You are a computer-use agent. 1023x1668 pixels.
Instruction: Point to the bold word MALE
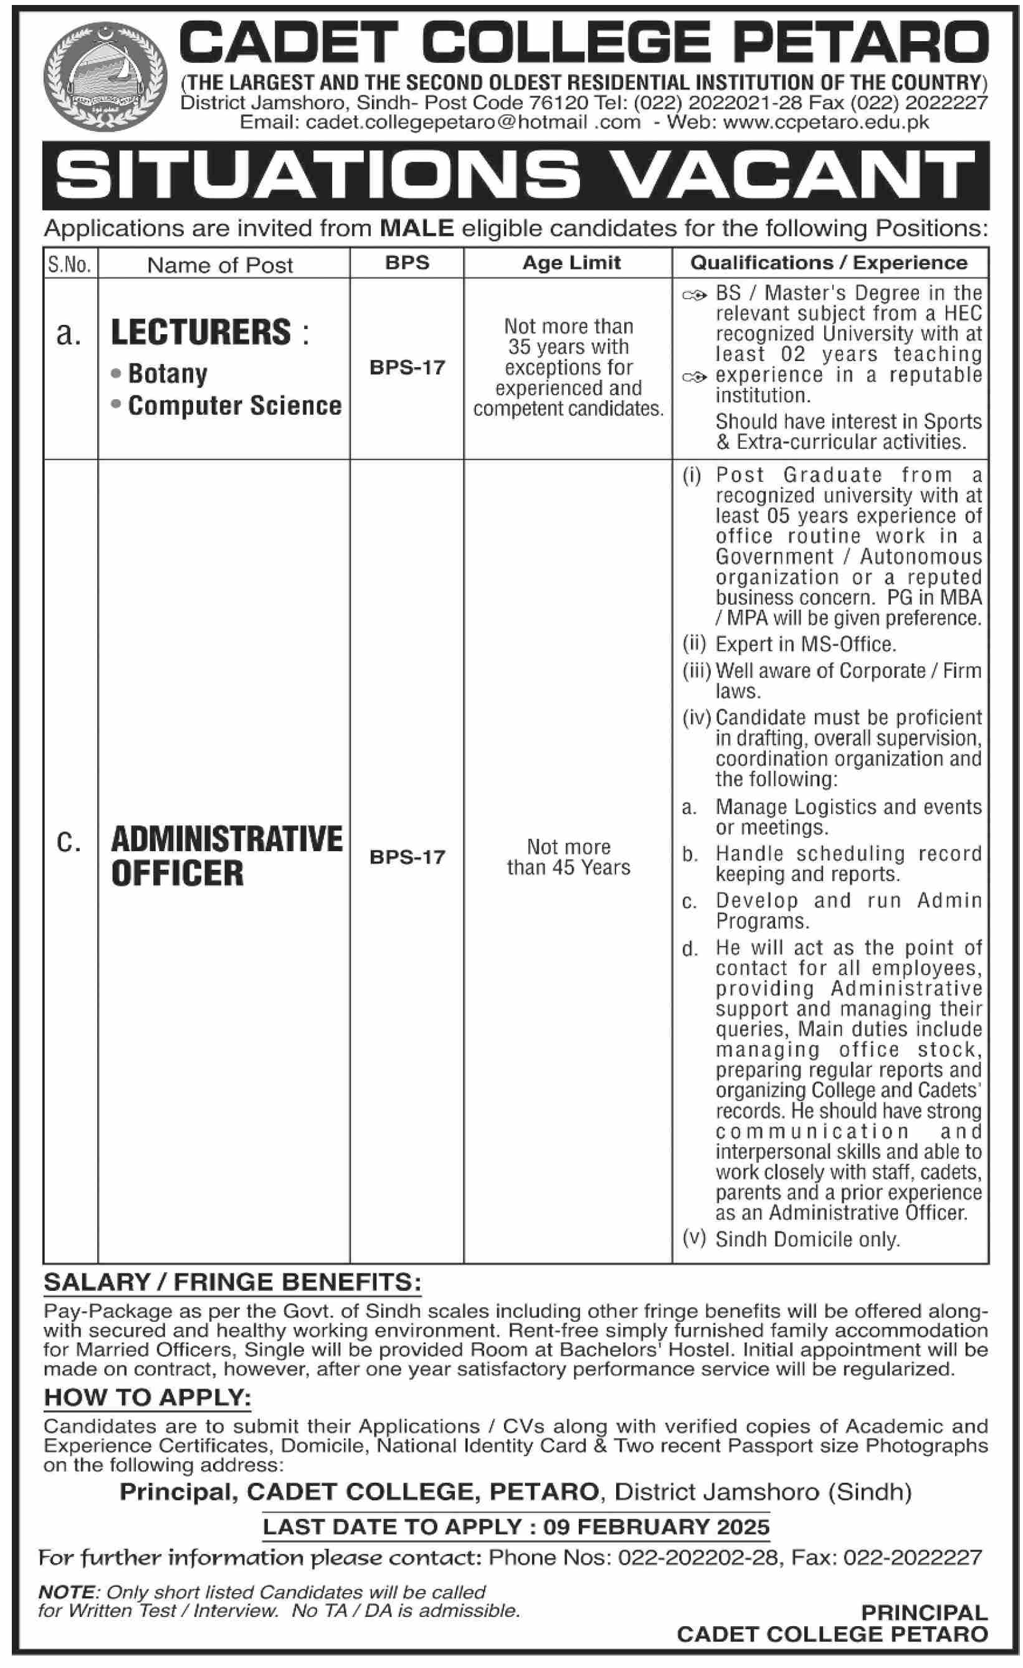[417, 229]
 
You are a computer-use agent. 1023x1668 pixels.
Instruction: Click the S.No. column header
[70, 264]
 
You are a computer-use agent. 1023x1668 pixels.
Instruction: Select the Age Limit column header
[571, 263]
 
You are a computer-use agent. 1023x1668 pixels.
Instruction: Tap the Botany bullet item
[168, 374]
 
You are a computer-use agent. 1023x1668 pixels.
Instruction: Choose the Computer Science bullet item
[235, 406]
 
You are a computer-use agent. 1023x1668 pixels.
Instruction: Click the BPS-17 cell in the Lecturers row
[407, 367]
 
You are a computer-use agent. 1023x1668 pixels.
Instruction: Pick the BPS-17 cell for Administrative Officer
[407, 857]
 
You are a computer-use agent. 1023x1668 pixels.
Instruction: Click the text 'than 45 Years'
[568, 868]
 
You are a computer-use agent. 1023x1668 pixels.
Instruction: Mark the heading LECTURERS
[201, 332]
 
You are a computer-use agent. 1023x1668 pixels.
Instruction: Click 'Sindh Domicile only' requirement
[807, 1240]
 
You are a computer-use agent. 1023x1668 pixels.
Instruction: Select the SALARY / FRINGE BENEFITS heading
[232, 1282]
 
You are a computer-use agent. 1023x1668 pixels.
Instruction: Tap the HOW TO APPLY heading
[148, 1397]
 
